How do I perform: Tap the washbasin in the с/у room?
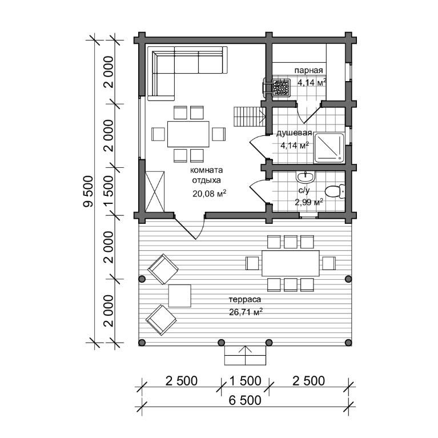pyautogui.click(x=306, y=176)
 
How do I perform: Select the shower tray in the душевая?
pyautogui.click(x=329, y=148)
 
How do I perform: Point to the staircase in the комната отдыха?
pyautogui.click(x=250, y=116)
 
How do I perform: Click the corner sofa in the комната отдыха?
pyautogui.click(x=187, y=73)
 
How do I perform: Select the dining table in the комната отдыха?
pyautogui.click(x=188, y=134)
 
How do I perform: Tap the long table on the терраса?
pyautogui.click(x=291, y=263)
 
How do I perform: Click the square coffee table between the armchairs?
pyautogui.click(x=180, y=296)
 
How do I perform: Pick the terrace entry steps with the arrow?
pyautogui.click(x=245, y=355)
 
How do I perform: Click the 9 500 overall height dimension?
pyautogui.click(x=89, y=191)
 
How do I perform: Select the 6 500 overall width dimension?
pyautogui.click(x=245, y=400)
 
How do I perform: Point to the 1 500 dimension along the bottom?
pyautogui.click(x=245, y=381)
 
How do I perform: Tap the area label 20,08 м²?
pyautogui.click(x=209, y=193)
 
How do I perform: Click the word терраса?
pyautogui.click(x=245, y=299)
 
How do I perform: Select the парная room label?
pyautogui.click(x=309, y=70)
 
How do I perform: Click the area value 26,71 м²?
pyautogui.click(x=246, y=311)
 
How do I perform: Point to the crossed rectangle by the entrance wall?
pyautogui.click(x=155, y=192)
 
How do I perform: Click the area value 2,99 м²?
pyautogui.click(x=309, y=202)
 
